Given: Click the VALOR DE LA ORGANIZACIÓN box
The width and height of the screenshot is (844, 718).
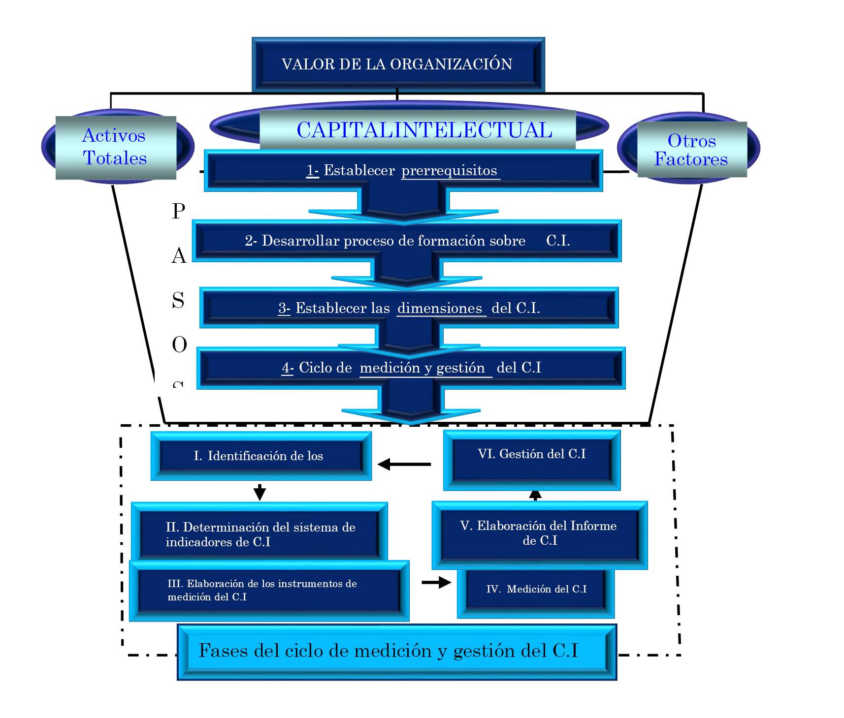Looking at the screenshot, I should (x=398, y=64).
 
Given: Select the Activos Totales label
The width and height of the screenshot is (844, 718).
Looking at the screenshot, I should (x=115, y=147).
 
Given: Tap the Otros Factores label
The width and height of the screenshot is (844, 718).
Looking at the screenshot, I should (x=691, y=150).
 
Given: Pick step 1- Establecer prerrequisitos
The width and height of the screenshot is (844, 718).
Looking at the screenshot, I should (x=403, y=171).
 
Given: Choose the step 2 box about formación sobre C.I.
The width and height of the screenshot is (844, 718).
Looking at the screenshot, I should (x=407, y=241).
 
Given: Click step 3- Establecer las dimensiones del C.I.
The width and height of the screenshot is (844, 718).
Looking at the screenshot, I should (x=409, y=308).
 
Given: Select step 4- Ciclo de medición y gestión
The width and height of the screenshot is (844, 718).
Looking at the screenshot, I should (x=411, y=368).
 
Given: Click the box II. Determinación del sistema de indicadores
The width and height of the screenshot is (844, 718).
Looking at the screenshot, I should (x=260, y=534).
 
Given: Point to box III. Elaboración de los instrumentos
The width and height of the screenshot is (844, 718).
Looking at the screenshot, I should (x=268, y=590).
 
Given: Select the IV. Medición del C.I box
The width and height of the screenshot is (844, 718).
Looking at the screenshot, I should (x=536, y=590).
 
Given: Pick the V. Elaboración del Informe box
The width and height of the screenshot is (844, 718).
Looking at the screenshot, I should (x=539, y=533).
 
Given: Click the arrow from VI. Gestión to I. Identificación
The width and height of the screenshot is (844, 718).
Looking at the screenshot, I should (x=404, y=464).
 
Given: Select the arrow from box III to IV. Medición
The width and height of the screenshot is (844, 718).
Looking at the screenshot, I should (x=436, y=582).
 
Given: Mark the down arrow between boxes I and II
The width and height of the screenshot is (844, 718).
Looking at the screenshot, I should (x=260, y=492).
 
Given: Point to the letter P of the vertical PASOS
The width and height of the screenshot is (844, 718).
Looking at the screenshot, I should (x=179, y=211).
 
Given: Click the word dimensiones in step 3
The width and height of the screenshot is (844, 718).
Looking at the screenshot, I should (x=440, y=308).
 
